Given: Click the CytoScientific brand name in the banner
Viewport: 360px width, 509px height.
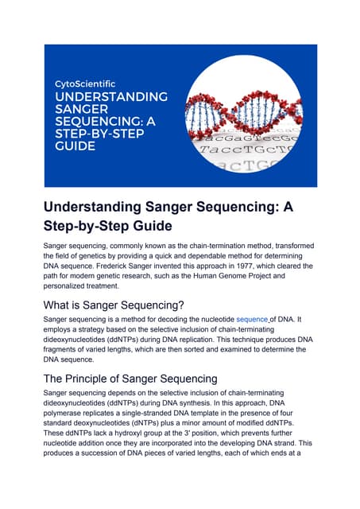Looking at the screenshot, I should click(84, 83).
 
